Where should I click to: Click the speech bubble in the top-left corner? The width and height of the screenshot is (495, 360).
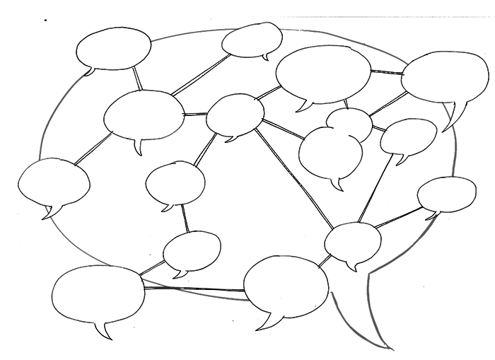click(x=113, y=47)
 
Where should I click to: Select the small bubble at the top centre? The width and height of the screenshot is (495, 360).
click(x=252, y=40)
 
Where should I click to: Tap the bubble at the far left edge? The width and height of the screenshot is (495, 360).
click(x=54, y=182)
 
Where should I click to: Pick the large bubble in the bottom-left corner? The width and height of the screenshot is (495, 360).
click(x=98, y=294)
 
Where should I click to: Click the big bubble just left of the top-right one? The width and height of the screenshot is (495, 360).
click(x=323, y=74)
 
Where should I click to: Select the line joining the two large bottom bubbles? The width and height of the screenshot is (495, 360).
click(x=194, y=289)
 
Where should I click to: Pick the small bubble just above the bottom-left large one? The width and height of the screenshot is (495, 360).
click(x=191, y=252)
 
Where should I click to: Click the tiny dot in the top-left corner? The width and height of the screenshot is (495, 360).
click(x=45, y=20)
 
